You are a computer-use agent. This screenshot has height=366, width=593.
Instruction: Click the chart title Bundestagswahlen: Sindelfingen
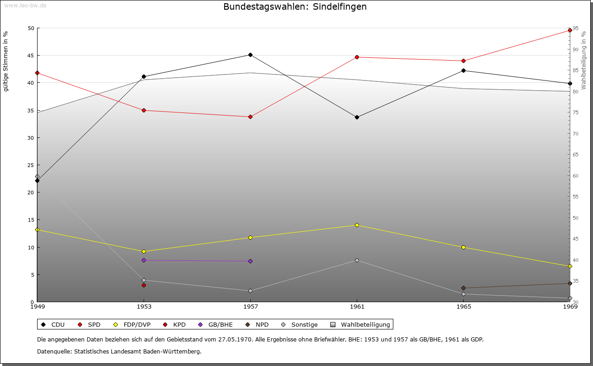point(295,6)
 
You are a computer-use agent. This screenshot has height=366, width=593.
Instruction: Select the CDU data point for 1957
point(250,55)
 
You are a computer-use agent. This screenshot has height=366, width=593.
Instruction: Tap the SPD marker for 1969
point(570,31)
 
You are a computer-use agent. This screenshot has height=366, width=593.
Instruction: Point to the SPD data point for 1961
point(357,57)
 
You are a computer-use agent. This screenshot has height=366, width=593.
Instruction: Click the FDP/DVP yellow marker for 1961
point(357,225)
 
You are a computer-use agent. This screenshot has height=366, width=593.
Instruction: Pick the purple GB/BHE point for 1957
point(250,261)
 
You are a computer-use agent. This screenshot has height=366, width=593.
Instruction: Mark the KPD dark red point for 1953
point(144,285)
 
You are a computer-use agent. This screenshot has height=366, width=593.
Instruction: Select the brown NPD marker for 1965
point(463,288)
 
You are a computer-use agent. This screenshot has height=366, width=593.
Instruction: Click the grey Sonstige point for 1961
point(357,261)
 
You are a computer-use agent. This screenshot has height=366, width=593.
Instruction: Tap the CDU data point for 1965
point(463,71)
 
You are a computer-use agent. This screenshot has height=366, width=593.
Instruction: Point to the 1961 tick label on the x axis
point(357,306)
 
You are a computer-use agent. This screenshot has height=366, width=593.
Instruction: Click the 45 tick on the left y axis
point(31,56)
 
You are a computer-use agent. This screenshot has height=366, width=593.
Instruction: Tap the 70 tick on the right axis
point(575,134)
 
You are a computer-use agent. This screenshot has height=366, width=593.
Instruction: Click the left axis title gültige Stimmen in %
point(6,62)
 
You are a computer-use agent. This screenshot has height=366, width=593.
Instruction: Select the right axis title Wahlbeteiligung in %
point(584,60)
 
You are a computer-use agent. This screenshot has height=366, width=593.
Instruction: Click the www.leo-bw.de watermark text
point(25,5)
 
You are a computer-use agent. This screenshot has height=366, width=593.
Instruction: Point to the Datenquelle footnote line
point(119,352)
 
